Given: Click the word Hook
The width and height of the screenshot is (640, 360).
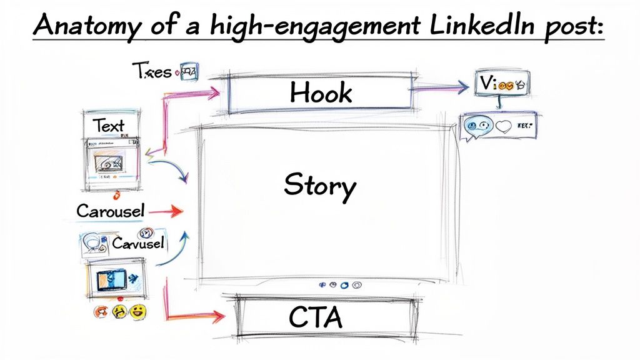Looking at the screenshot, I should coord(321,93).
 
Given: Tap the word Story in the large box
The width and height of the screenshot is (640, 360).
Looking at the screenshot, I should coord(319,186).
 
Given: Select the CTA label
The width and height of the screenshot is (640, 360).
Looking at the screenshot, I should coord(316,317).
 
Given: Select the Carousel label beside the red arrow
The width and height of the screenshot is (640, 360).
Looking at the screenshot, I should coord(110,211).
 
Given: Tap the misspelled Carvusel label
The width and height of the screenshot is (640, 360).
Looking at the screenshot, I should coord(137,242).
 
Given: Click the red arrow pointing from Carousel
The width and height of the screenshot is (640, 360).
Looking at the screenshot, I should coord(166,212).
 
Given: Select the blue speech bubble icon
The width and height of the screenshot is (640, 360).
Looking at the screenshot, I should coord(473,127).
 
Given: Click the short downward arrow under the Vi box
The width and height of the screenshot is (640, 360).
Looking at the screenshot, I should coord(499,104).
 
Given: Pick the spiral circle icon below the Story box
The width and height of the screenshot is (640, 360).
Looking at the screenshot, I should coord(357,285).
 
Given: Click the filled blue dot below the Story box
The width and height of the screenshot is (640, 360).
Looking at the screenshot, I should coord(334,285).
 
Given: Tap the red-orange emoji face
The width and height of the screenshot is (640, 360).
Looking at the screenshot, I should coord(101,311).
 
